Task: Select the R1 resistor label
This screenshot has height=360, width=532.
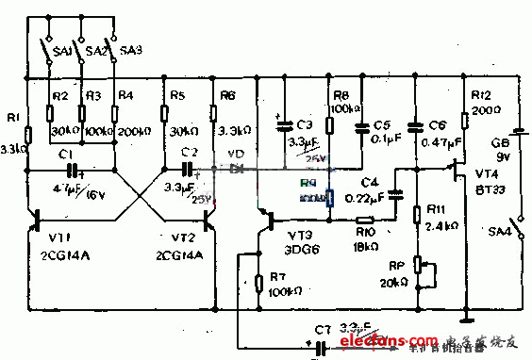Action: tap(12, 117)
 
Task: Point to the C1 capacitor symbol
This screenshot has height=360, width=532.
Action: tap(71, 171)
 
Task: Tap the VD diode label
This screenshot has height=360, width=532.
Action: tap(237, 154)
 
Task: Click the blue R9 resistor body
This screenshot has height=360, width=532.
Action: tap(329, 198)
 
